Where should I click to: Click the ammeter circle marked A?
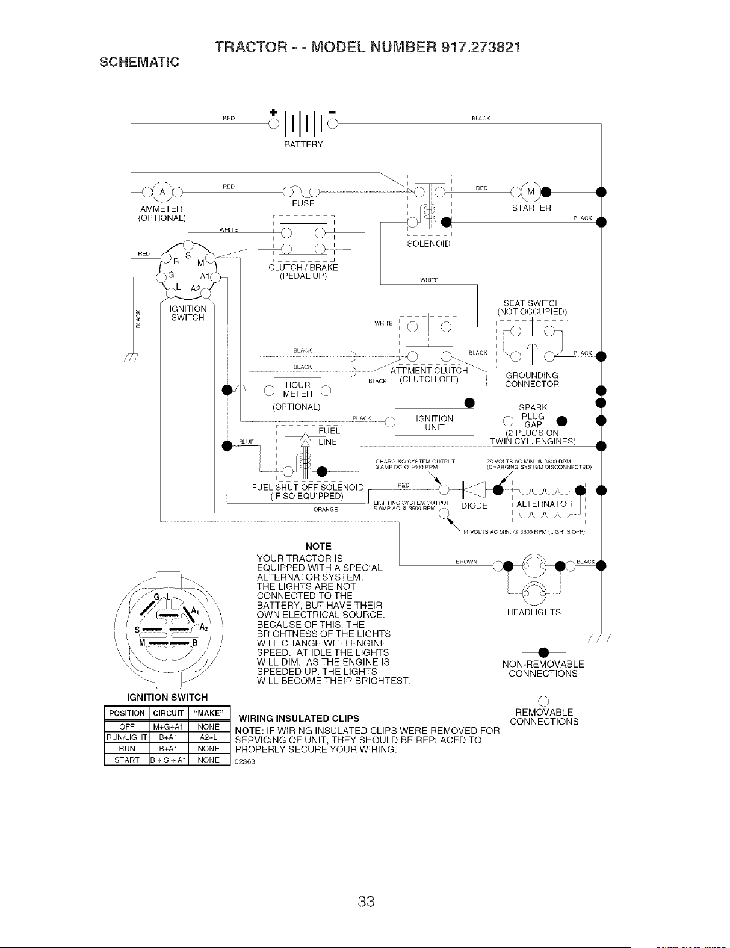pos(162,191)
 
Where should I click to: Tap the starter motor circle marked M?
pos(531,191)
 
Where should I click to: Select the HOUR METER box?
pos(297,389)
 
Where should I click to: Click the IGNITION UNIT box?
pos(434,423)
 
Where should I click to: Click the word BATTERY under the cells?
pos(303,144)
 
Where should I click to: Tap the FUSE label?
pos(303,203)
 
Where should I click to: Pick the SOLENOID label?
pos(428,244)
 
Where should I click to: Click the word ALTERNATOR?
pos(544,504)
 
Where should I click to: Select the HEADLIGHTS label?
pos(534,612)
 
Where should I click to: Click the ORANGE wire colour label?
pos(326,510)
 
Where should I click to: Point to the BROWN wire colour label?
pos(466,562)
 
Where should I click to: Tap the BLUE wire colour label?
pos(246,442)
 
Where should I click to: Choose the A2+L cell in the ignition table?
pos(208,737)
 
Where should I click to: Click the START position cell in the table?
pos(126,760)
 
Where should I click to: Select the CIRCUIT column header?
pos(169,713)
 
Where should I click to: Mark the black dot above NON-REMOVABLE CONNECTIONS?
pos(543,652)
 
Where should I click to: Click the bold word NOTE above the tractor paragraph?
pos(318,546)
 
